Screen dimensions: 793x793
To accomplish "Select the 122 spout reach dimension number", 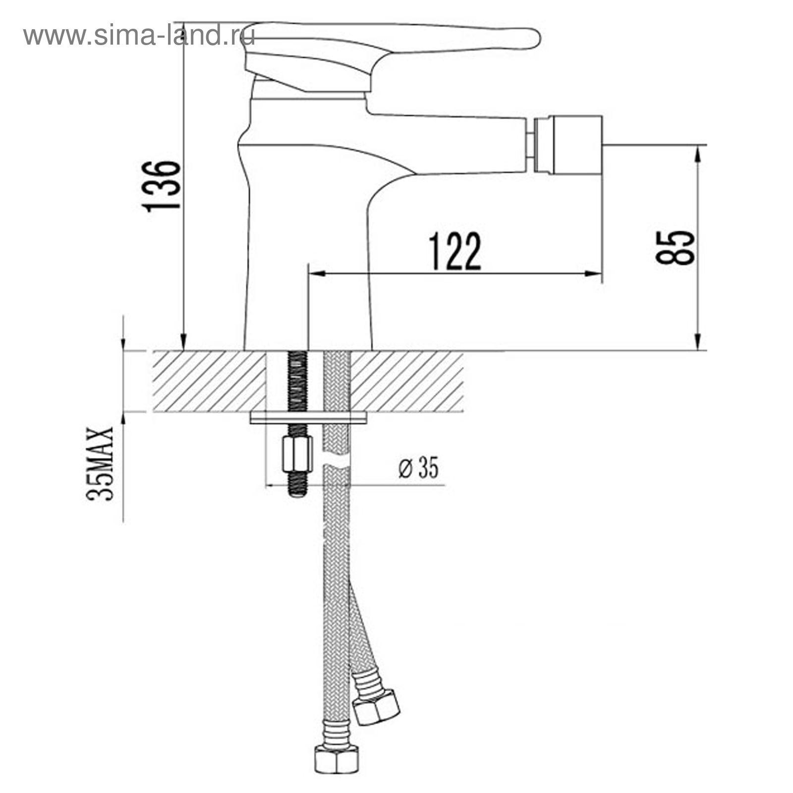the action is point(454,251).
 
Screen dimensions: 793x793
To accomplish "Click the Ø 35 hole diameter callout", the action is point(419,468).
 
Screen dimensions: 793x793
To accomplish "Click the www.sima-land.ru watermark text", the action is point(139,35).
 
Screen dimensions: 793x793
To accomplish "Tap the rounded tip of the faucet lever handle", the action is point(533,39).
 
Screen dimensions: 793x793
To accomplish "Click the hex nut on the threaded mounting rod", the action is point(297,454).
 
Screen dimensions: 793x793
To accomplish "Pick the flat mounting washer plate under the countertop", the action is point(308,418).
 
